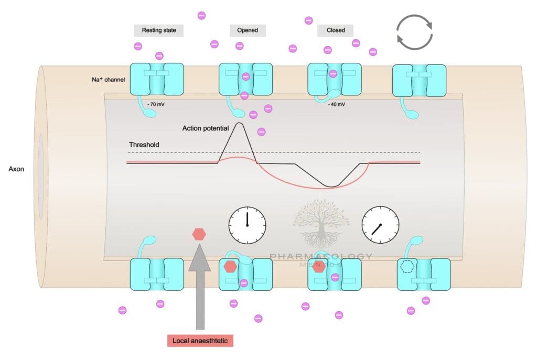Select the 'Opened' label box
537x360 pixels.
[x=248, y=30]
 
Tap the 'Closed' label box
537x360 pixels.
[x=336, y=30]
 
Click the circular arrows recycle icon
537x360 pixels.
[x=414, y=32]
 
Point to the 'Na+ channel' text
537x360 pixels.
[x=108, y=80]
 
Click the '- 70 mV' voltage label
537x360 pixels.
[x=156, y=104]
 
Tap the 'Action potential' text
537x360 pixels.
[x=205, y=128]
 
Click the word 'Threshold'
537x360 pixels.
[x=144, y=145]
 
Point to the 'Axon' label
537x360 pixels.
[x=17, y=169]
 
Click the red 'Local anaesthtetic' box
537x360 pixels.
[x=200, y=341]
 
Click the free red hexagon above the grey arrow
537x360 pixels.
[x=199, y=234]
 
